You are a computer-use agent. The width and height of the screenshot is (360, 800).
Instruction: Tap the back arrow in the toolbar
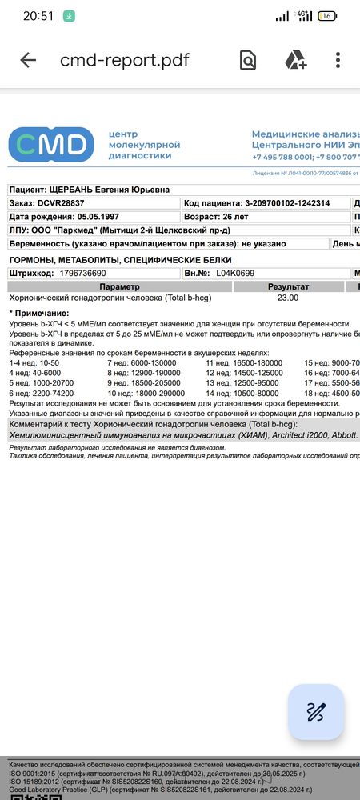pyautogui.click(x=28, y=60)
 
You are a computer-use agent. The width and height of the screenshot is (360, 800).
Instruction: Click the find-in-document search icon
pyautogui.click(x=248, y=60)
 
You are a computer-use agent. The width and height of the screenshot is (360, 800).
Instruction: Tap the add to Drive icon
pyautogui.click(x=296, y=60)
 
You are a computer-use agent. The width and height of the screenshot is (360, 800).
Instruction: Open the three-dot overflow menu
pyautogui.click(x=338, y=60)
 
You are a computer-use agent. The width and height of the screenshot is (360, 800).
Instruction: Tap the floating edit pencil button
pyautogui.click(x=316, y=711)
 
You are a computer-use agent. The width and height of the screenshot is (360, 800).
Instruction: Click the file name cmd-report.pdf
pyautogui.click(x=125, y=60)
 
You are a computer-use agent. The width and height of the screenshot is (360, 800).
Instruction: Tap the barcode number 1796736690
pyautogui.click(x=94, y=273)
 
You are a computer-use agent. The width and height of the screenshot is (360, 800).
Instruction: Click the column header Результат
pyautogui.click(x=288, y=286)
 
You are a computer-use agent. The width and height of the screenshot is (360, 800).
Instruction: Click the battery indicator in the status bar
pyautogui.click(x=326, y=15)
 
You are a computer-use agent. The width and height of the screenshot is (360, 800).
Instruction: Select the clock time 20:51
pyautogui.click(x=38, y=15)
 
